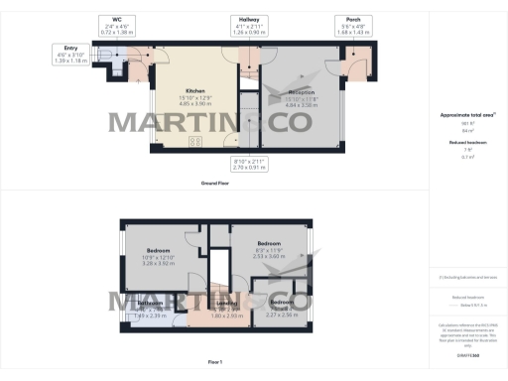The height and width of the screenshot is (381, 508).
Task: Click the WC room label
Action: point(117,19)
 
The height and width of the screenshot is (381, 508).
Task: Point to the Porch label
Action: point(354,19)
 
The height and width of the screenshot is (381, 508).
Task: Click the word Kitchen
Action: point(194,90)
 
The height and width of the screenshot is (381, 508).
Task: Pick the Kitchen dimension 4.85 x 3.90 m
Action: point(194,102)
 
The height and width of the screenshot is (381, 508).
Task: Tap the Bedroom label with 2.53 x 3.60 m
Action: point(270,242)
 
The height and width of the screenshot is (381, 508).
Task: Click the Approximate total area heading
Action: point(464,115)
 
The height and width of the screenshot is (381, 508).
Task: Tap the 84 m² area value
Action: point(464,129)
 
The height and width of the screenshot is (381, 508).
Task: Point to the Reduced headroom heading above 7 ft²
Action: point(464,142)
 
